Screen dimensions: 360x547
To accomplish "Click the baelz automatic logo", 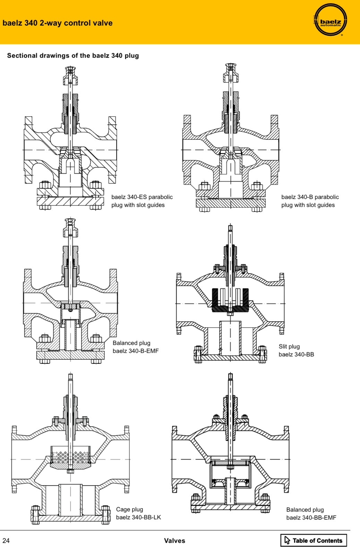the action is coord(331,19).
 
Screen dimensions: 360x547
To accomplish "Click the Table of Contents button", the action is coord(314,540).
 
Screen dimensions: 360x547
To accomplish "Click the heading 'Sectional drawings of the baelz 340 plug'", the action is coord(73,56).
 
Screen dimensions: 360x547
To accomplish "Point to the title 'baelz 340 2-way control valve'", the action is coord(58,23).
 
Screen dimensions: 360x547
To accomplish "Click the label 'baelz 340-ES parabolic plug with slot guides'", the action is coord(142,201).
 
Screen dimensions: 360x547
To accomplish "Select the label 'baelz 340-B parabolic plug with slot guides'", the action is coord(310,201).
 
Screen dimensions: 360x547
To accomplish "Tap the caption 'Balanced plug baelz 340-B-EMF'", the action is coord(136,347).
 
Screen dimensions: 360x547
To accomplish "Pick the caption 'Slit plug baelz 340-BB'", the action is coord(296,351).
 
